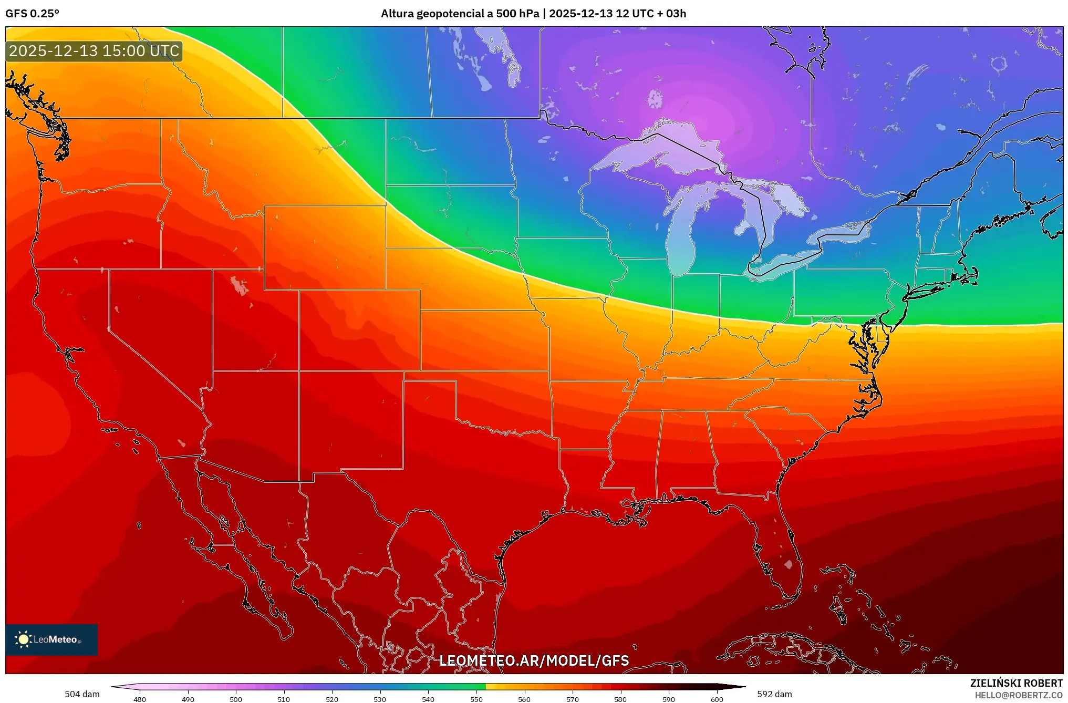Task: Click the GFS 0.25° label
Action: (x=32, y=14)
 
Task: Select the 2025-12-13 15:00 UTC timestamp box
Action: (x=94, y=51)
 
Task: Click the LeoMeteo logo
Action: (x=51, y=639)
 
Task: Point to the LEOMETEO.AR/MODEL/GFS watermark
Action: (x=534, y=660)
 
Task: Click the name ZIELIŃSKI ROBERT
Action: (x=1016, y=683)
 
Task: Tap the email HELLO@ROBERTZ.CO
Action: (x=1019, y=695)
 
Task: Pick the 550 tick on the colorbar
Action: (x=476, y=699)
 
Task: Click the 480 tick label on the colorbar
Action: (x=140, y=699)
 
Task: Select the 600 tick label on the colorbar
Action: (x=717, y=699)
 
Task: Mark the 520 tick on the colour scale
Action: (x=332, y=699)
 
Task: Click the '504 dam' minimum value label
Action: (x=82, y=694)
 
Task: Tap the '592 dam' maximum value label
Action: (x=774, y=694)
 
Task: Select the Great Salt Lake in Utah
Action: (x=239, y=285)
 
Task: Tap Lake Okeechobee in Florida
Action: (x=788, y=564)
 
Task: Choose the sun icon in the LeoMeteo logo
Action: (x=23, y=639)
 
